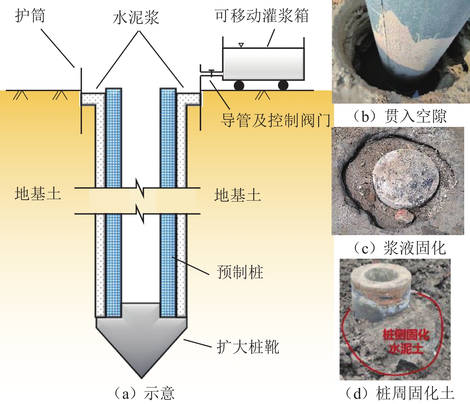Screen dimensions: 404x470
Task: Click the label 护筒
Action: click(30, 16)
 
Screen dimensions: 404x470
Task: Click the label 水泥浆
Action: click(136, 17)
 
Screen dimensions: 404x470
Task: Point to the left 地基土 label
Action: click(38, 194)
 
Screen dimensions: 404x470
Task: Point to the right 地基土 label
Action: click(237, 195)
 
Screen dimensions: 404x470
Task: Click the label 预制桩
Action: click(240, 272)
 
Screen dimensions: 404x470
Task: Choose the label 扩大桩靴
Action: click(248, 347)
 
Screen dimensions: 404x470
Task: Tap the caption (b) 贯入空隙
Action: click(400, 116)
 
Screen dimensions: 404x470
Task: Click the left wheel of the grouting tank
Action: click(239, 85)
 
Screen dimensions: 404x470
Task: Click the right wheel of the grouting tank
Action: click(283, 85)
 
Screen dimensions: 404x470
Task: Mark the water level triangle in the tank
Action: click(241, 45)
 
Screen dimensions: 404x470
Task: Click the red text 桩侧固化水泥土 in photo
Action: click(406, 341)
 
